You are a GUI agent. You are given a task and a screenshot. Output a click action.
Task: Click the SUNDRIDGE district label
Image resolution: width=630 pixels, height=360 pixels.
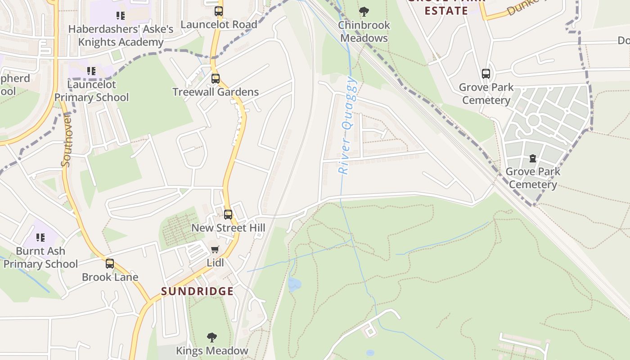click(197, 291)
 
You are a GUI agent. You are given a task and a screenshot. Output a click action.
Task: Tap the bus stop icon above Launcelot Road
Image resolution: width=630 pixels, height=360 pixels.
click(219, 11)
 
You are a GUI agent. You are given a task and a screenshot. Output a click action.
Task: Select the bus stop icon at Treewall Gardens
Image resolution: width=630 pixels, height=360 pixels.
click(216, 79)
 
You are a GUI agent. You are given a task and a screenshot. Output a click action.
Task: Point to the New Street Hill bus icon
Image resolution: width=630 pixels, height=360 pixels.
click(228, 215)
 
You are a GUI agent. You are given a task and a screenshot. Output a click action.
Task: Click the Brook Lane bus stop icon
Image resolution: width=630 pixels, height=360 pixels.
click(110, 264)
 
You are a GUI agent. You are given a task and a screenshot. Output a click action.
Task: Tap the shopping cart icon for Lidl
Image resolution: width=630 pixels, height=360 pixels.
click(215, 249)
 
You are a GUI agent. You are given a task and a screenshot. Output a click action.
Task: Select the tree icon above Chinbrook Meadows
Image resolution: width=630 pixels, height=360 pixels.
click(364, 12)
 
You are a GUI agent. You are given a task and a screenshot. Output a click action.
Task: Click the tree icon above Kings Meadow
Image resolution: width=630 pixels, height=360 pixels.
click(211, 337)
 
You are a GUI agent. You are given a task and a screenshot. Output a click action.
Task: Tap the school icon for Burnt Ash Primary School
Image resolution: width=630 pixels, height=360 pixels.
click(40, 237)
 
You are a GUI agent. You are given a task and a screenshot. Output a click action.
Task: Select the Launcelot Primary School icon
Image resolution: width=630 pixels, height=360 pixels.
click(91, 71)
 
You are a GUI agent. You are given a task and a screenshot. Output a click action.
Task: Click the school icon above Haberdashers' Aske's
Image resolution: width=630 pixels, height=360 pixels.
click(120, 16)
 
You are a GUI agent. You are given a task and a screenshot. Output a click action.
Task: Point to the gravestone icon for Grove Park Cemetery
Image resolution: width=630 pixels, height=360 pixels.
click(533, 158)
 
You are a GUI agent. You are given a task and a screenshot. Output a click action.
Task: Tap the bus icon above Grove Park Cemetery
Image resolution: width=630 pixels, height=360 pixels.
click(486, 74)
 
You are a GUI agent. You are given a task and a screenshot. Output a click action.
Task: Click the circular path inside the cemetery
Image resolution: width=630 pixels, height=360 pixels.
click(533, 120)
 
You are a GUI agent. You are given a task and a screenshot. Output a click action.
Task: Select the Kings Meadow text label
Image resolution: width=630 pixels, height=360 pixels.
click(212, 351)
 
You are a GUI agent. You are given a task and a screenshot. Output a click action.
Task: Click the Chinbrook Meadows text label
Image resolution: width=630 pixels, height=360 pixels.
click(364, 31)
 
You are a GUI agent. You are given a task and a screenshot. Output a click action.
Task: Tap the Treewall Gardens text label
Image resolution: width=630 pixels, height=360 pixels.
click(216, 92)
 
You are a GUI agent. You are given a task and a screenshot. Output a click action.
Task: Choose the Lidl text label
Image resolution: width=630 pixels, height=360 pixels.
click(215, 262)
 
